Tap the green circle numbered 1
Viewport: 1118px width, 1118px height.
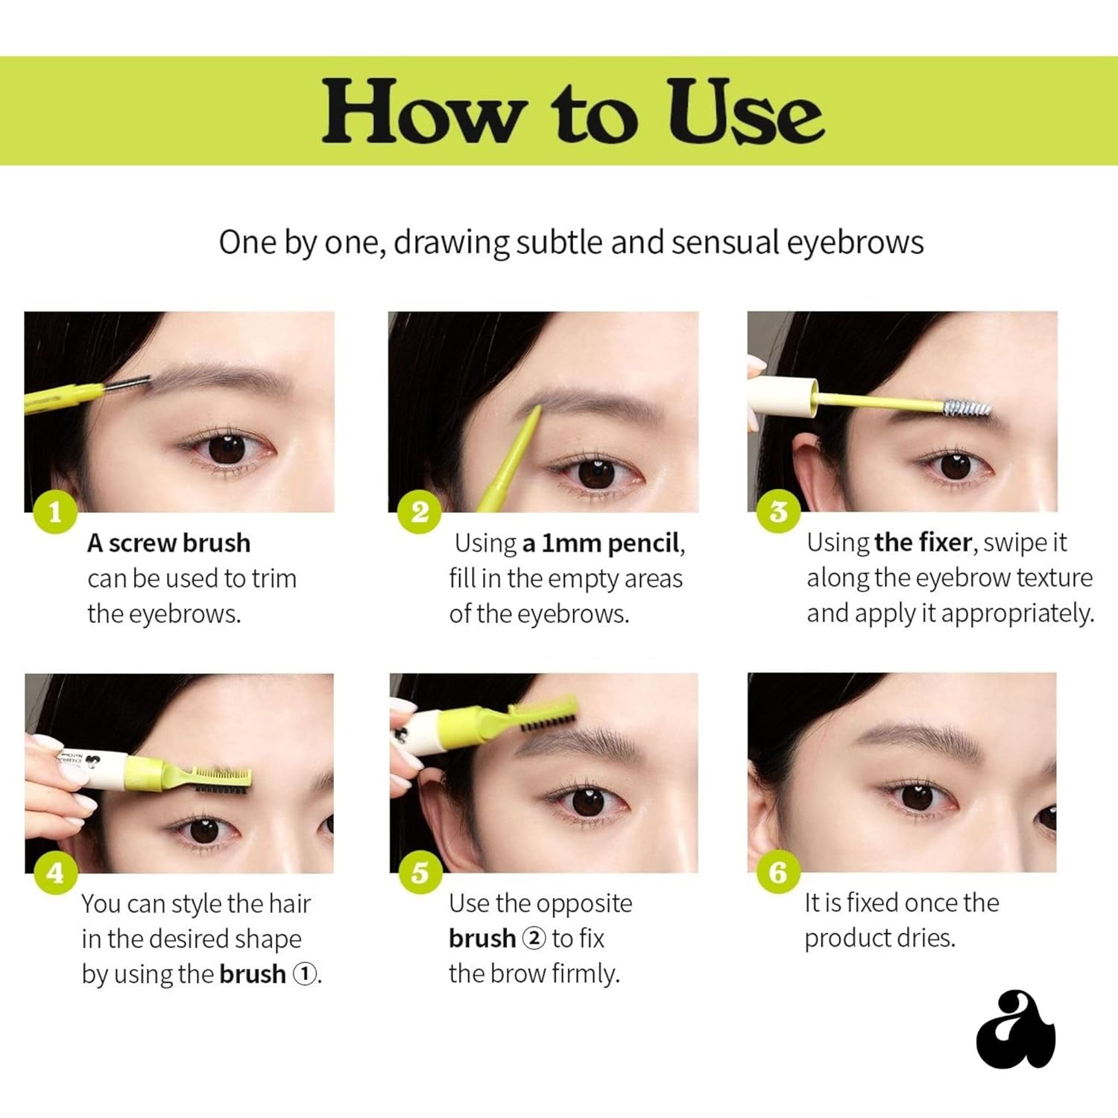pos(55,512)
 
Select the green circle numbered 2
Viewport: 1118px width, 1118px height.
pos(420,512)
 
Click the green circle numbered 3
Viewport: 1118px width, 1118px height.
pos(779,512)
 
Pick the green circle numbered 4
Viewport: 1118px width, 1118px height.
pos(55,873)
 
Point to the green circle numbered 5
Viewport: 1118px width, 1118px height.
pos(420,873)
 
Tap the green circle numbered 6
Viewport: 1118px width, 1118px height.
pos(779,872)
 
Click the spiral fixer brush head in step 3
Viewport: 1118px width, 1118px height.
pos(966,408)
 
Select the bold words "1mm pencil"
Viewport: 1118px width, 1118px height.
pos(601,543)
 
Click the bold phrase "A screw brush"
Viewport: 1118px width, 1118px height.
pos(168,543)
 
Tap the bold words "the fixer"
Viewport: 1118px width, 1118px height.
pos(923,542)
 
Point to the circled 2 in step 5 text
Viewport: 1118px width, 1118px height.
pos(534,938)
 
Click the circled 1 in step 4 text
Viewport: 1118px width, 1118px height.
pos(304,973)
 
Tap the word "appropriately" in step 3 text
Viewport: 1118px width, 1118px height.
pos(1018,613)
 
